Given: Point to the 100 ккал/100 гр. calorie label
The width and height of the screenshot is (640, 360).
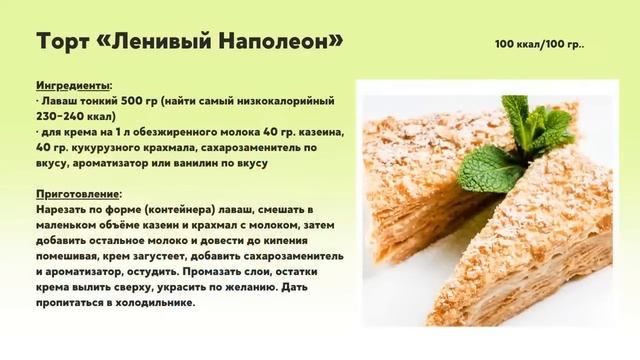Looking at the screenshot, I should point(539,45).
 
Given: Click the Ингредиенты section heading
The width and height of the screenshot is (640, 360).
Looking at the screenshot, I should point(73,86).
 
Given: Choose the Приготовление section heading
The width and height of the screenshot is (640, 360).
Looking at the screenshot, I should point(78,194).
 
